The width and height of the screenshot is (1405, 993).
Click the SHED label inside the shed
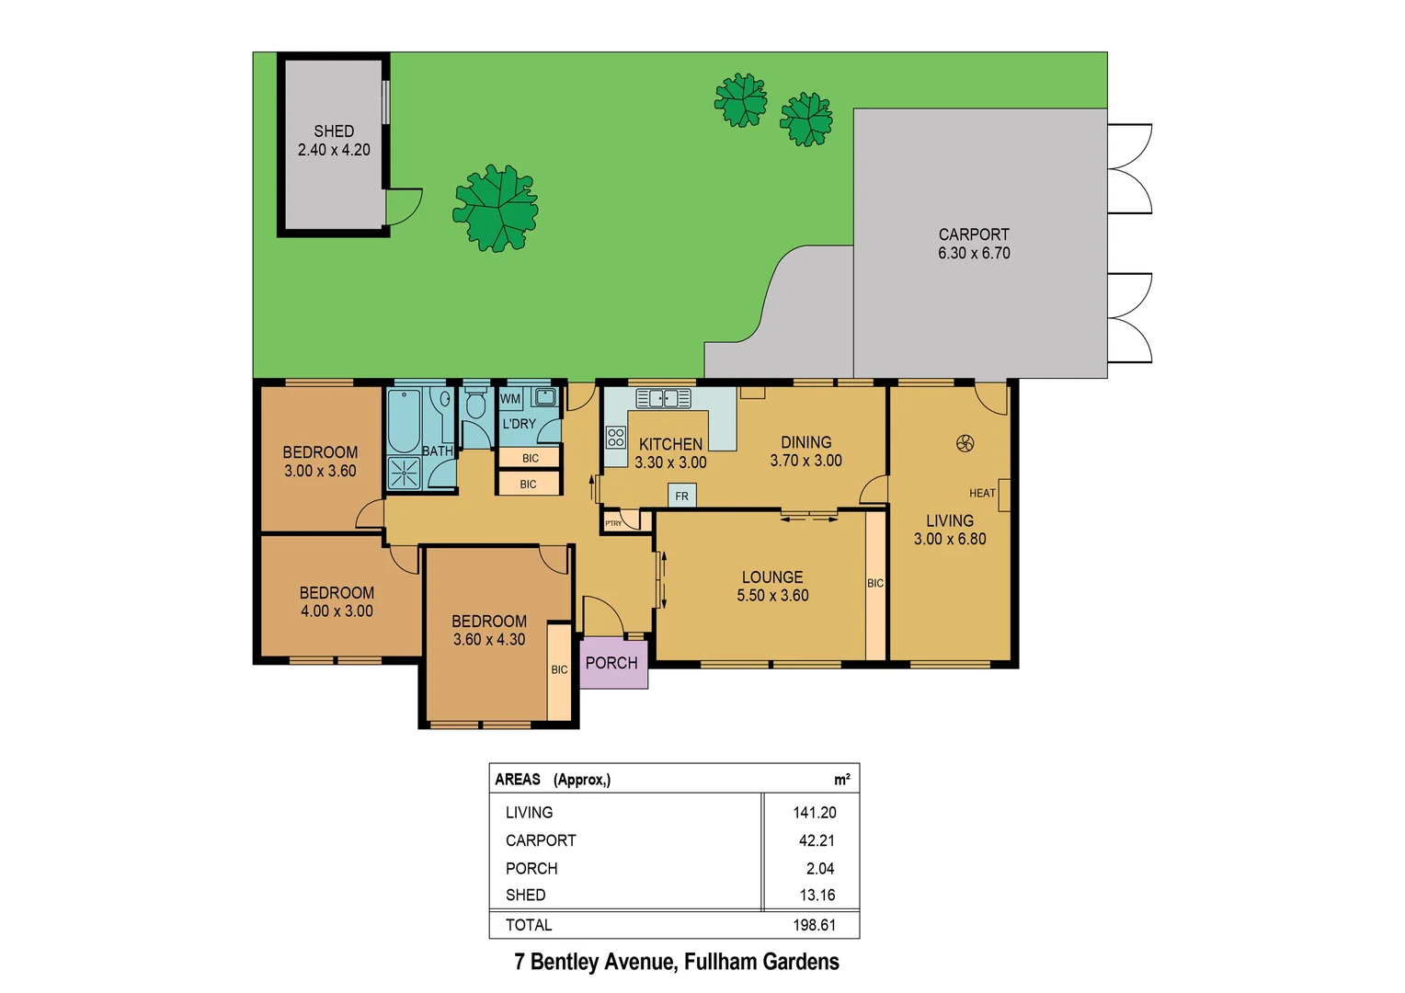pyautogui.click(x=334, y=131)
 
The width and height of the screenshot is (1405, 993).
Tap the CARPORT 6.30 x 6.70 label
pyautogui.click(x=974, y=244)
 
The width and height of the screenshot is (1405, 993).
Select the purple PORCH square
pyautogui.click(x=612, y=663)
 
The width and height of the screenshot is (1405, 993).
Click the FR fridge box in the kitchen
pyautogui.click(x=681, y=496)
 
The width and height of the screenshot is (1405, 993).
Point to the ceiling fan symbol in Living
pyautogui.click(x=965, y=444)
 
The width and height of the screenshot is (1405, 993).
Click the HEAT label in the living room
pyautogui.click(x=982, y=494)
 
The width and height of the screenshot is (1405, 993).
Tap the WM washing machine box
pyautogui.click(x=510, y=399)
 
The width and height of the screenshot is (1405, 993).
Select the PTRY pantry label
pyautogui.click(x=613, y=523)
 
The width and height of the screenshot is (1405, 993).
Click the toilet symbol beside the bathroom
pyautogui.click(x=475, y=404)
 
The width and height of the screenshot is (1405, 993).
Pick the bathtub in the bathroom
pyautogui.click(x=404, y=421)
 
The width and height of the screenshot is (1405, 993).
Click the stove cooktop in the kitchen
pyautogui.click(x=616, y=437)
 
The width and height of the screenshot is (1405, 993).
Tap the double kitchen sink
pyautogui.click(x=663, y=398)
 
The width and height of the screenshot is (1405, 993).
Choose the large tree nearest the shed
pyautogui.click(x=496, y=209)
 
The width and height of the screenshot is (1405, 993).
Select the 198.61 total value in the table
pyautogui.click(x=814, y=925)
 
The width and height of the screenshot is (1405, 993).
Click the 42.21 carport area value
pyautogui.click(x=816, y=840)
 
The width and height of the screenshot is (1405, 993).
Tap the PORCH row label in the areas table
pyautogui.click(x=531, y=868)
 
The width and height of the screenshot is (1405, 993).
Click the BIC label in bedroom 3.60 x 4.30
pyautogui.click(x=559, y=670)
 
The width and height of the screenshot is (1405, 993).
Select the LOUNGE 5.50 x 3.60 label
pyautogui.click(x=772, y=586)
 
